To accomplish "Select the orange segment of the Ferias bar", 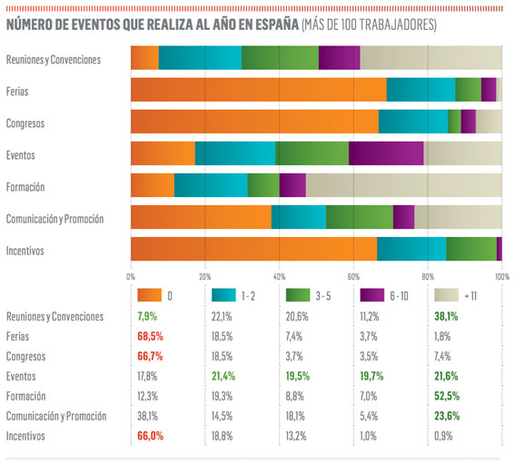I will (x=258, y=89).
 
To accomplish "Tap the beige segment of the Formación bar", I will (x=403, y=185).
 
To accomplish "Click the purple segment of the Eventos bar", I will (x=386, y=153).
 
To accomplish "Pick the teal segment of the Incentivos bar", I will (x=411, y=249).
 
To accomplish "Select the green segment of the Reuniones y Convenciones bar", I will (x=280, y=57).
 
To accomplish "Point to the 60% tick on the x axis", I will (x=352, y=276).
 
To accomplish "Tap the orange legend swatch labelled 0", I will (x=148, y=295).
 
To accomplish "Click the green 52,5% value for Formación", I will (x=451, y=396).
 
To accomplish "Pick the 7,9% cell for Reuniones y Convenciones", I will (x=148, y=316).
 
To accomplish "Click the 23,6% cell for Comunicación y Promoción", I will (x=451, y=416).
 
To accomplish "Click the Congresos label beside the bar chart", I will (x=25, y=122).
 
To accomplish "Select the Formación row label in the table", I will (x=25, y=396).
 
